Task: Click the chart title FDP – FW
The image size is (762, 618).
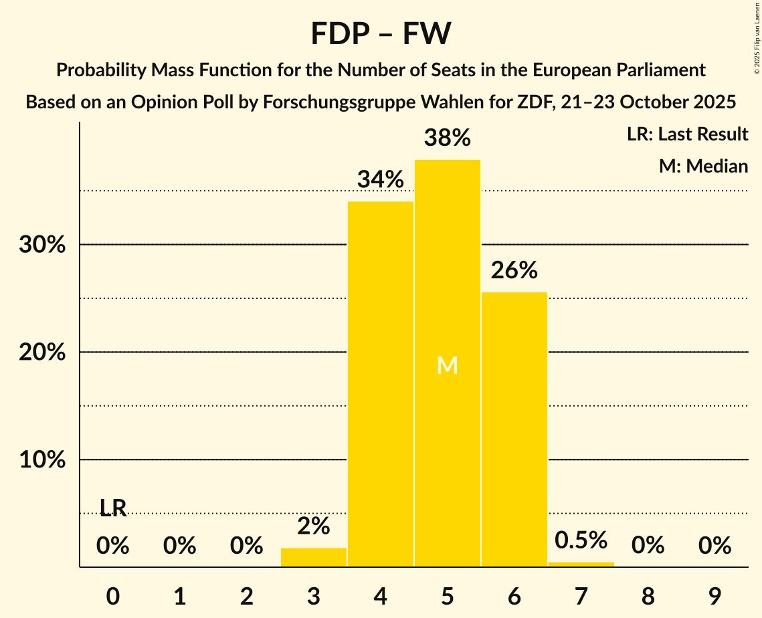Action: pyautogui.click(x=381, y=33)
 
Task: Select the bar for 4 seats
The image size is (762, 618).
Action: pyautogui.click(x=381, y=384)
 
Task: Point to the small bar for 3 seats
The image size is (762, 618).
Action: pyautogui.click(x=314, y=558)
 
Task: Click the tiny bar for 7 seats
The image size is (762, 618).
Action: pyautogui.click(x=581, y=564)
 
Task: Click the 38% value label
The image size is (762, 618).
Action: pyautogui.click(x=448, y=138)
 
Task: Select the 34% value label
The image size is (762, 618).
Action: pyautogui.click(x=381, y=179)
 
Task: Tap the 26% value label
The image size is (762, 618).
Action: pyautogui.click(x=514, y=270)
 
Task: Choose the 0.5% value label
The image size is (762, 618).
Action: pyautogui.click(x=581, y=540)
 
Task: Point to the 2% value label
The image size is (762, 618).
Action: pyautogui.click(x=314, y=526)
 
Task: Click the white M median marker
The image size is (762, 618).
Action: pyautogui.click(x=448, y=365)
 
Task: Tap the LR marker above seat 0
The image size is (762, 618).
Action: pyautogui.click(x=113, y=508)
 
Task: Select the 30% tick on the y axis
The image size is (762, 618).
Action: pyautogui.click(x=42, y=245)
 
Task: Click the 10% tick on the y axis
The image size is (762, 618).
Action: pyautogui.click(x=42, y=460)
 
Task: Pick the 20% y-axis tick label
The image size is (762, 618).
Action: pyautogui.click(x=42, y=352)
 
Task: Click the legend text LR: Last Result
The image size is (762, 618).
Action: pyautogui.click(x=687, y=134)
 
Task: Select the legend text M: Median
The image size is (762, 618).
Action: pyautogui.click(x=703, y=166)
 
